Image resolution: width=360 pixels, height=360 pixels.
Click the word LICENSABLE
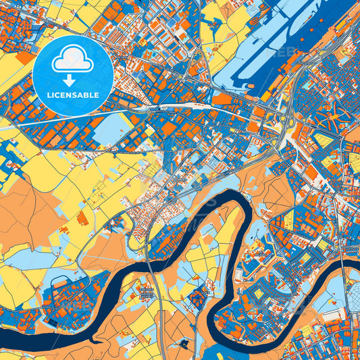click(x=72, y=95)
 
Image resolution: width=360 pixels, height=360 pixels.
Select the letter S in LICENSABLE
click(x=76, y=95)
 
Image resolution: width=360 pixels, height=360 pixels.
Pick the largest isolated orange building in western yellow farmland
click(x=83, y=218)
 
